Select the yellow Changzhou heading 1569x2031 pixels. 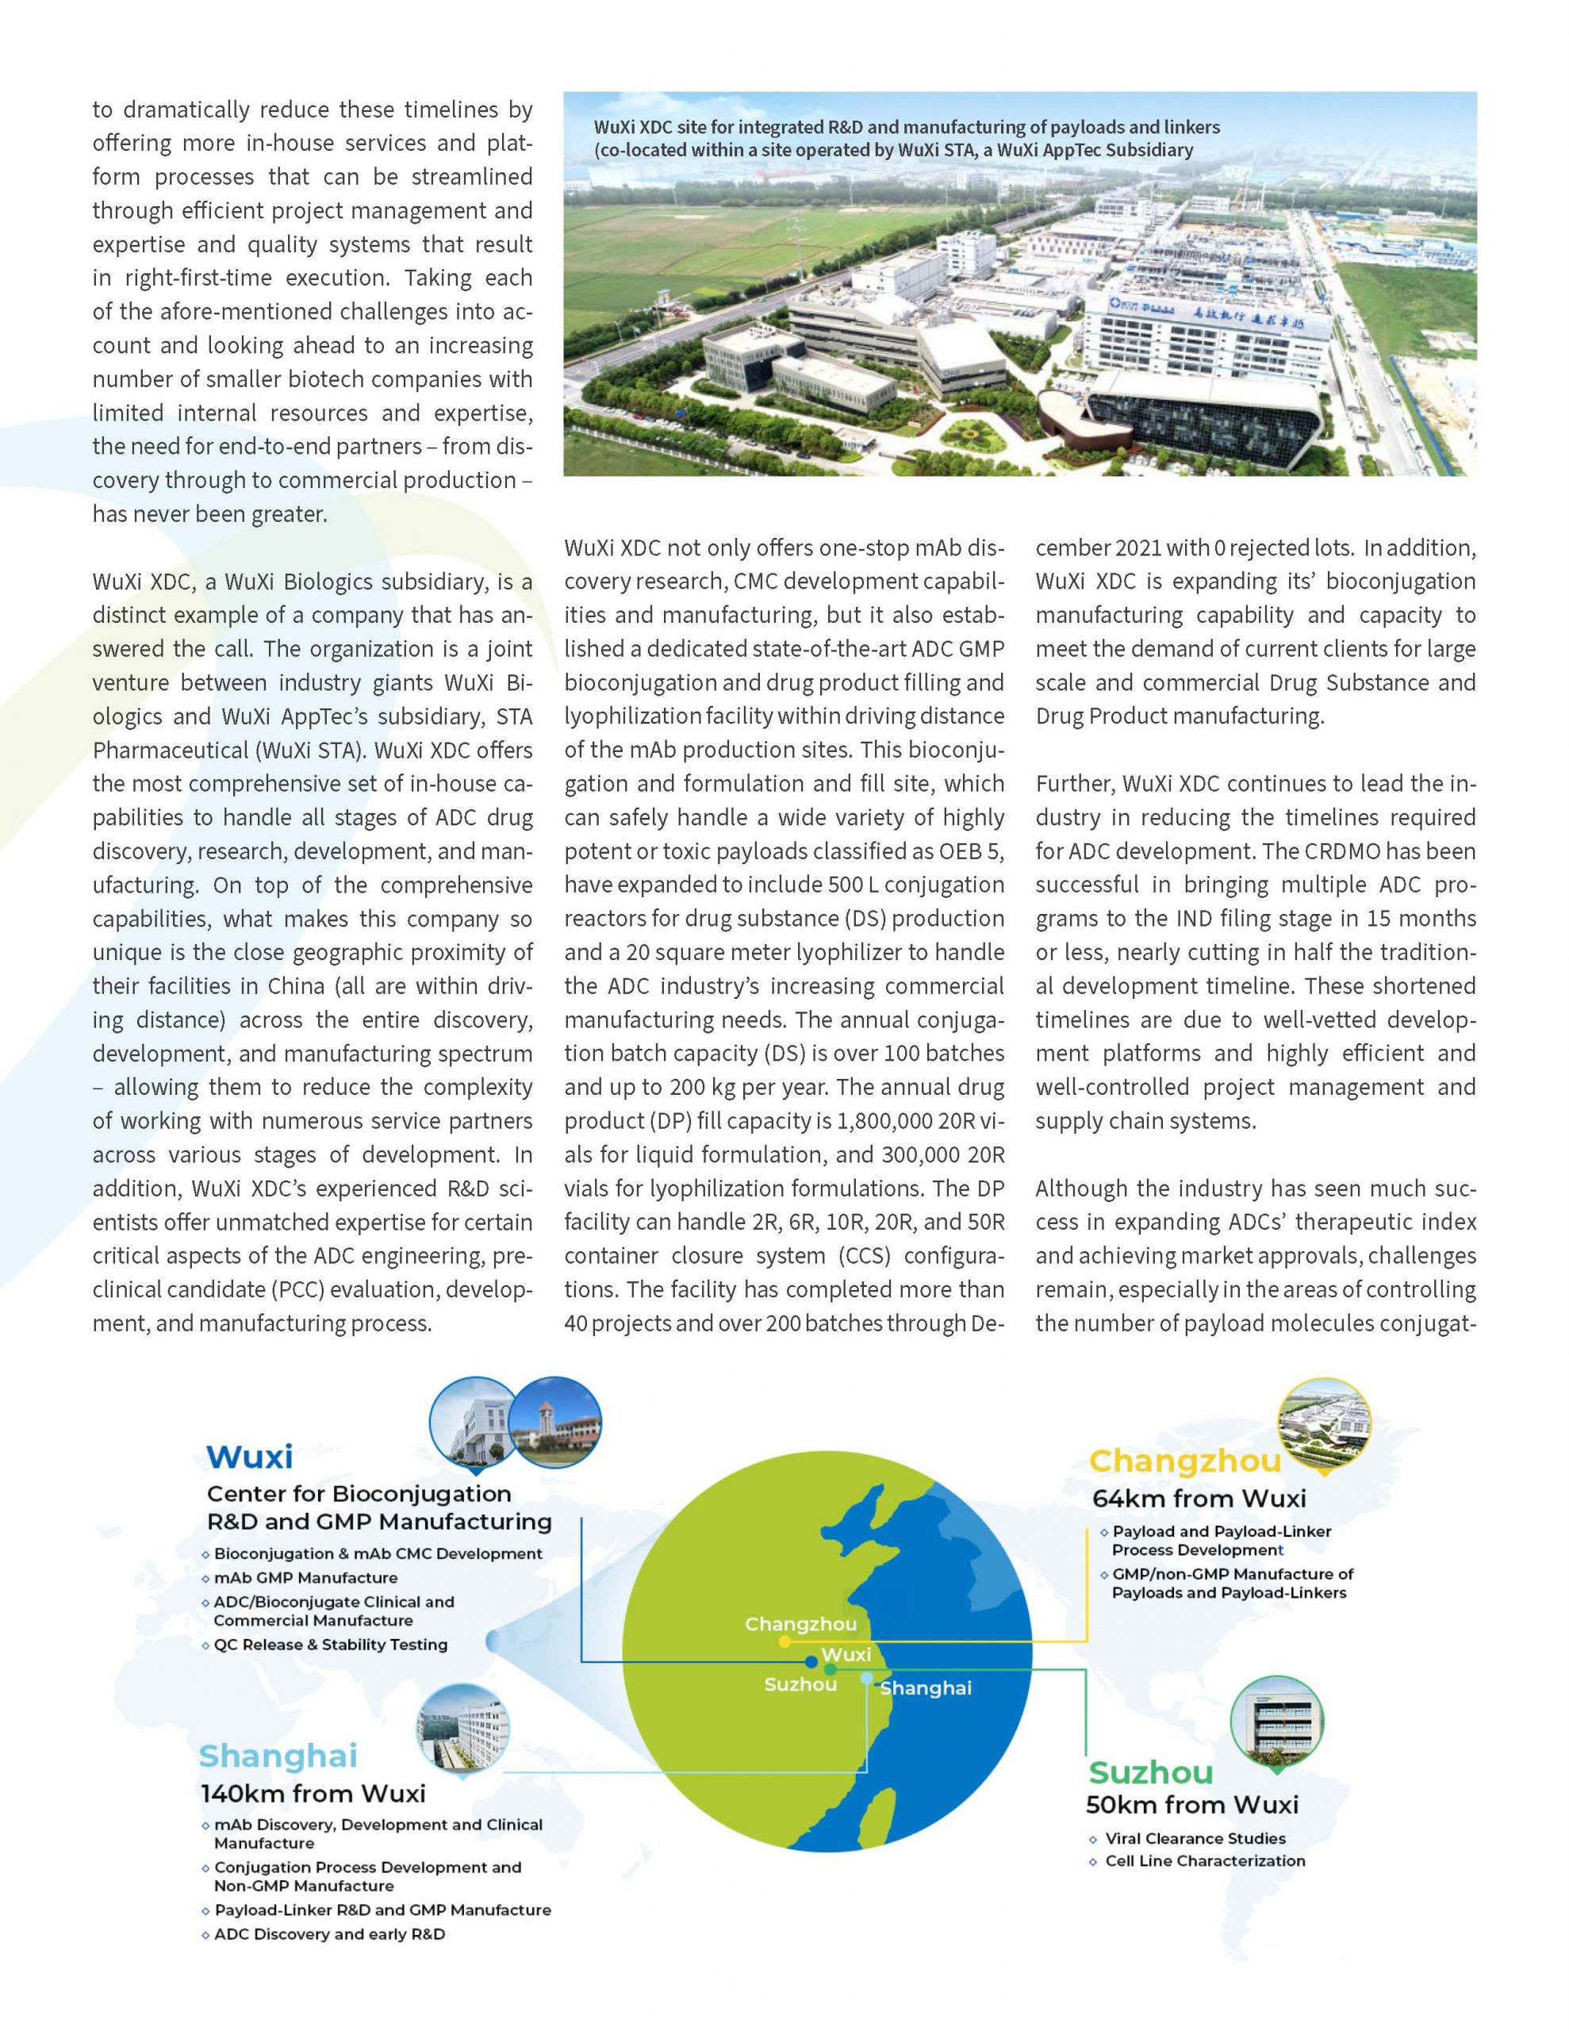[1185, 1461]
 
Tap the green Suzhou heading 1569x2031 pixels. [1150, 1772]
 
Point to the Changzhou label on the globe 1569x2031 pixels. [801, 1624]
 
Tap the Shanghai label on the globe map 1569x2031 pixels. [926, 1687]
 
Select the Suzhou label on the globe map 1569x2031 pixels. [800, 1684]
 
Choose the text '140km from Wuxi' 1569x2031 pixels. [313, 1793]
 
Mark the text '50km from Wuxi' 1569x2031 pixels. [1191, 1804]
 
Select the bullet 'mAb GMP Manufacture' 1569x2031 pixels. [305, 1577]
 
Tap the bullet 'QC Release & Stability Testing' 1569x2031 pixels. [330, 1644]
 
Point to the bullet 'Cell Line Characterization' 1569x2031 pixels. [1204, 1860]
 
